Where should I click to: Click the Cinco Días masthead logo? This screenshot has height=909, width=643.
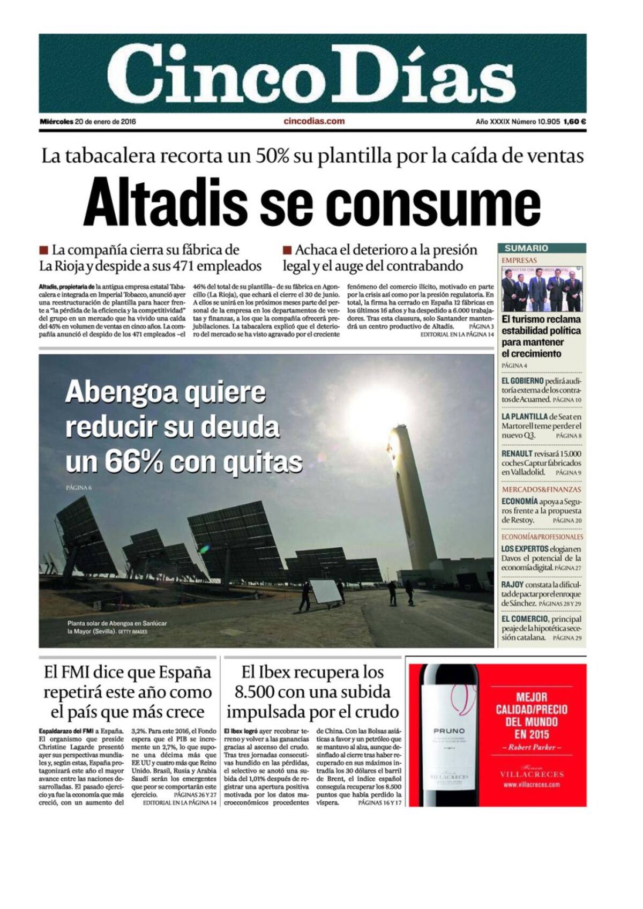[312, 73]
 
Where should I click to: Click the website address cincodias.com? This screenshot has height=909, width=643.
[314, 121]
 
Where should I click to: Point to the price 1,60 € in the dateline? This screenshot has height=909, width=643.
[574, 122]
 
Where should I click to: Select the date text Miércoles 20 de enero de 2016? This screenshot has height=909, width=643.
[88, 122]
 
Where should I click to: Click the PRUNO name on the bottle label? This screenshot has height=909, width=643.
[449, 731]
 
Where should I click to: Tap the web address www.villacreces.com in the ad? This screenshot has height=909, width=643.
[532, 785]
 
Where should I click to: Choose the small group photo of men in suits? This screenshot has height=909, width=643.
[542, 289]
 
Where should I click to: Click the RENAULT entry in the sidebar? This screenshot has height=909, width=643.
[517, 453]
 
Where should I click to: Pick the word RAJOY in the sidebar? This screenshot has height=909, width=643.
[512, 584]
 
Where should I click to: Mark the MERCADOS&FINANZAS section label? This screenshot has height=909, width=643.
[541, 489]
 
